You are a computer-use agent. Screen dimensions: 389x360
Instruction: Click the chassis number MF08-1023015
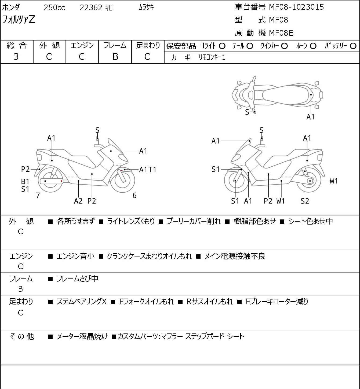point(296,7)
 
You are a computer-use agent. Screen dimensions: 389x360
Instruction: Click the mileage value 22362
point(91,8)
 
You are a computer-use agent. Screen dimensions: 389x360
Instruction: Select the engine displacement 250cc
point(54,8)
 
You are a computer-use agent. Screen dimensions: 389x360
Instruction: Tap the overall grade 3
point(16,57)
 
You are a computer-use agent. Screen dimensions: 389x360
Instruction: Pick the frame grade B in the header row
point(115,57)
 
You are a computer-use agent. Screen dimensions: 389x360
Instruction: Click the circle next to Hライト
point(222,46)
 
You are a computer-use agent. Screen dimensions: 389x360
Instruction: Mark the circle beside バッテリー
point(353,46)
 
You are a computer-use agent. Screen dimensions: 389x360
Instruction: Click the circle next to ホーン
point(313,46)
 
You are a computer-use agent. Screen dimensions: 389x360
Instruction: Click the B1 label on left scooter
point(25,181)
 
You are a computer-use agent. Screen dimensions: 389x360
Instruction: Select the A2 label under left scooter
point(78,201)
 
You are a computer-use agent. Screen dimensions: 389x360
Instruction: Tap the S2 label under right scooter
point(305,201)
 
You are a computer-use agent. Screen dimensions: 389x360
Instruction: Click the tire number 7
point(38,196)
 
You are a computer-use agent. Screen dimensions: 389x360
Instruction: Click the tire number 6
point(134,196)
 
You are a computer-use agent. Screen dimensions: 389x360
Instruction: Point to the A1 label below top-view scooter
point(310,117)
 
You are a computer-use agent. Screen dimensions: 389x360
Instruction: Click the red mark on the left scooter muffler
point(61,181)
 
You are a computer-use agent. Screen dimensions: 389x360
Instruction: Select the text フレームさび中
point(77,279)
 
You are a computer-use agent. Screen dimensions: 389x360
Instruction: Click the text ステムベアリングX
point(82,302)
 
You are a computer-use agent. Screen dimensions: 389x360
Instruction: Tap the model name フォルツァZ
point(19,20)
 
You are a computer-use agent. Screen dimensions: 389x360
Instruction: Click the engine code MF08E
point(281,33)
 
